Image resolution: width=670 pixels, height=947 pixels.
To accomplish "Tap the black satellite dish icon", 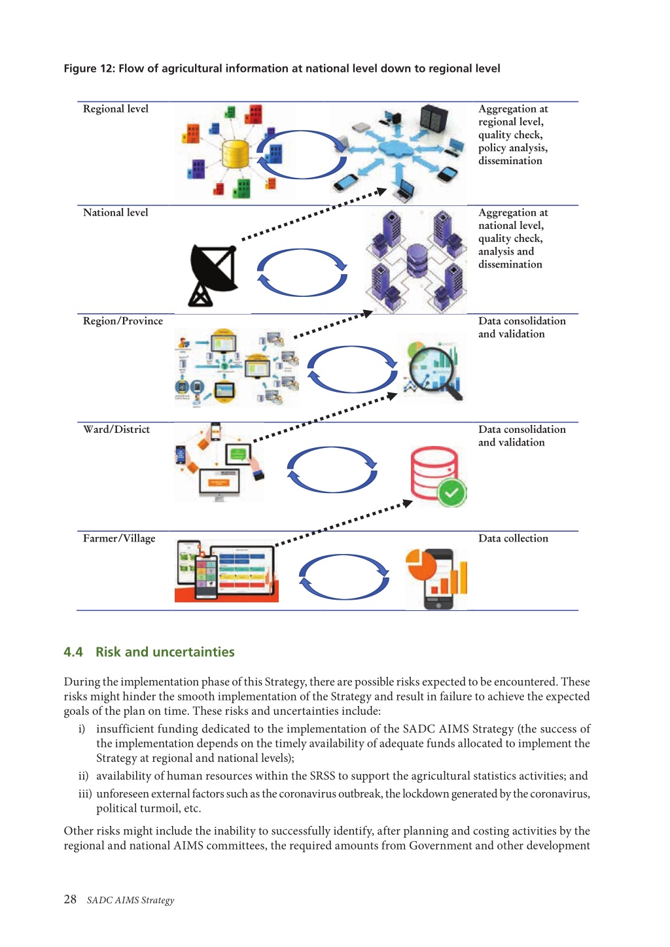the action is coord(213,275).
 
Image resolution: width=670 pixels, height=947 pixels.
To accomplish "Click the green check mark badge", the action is coord(451,492).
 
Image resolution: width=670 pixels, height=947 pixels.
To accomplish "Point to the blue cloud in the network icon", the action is coord(397,148).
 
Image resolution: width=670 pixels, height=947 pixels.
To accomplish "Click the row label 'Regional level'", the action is coord(115,109).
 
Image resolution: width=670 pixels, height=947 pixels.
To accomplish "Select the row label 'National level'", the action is coord(115,213).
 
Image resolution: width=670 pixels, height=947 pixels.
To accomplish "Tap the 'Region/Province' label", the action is coord(122,321).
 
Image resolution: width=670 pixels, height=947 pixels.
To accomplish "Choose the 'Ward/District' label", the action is coord(116,430).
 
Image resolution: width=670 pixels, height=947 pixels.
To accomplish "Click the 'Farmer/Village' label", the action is coord(119,539).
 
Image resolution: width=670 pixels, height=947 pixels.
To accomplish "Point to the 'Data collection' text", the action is coord(513,538).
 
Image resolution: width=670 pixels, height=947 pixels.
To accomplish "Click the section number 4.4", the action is coord(73,652).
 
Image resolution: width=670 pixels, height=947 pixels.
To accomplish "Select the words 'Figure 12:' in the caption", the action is coord(89,69).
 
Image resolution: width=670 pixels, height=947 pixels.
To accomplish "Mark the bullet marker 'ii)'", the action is coord(83,776).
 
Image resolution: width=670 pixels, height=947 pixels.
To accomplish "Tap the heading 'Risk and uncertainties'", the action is coord(165,652).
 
